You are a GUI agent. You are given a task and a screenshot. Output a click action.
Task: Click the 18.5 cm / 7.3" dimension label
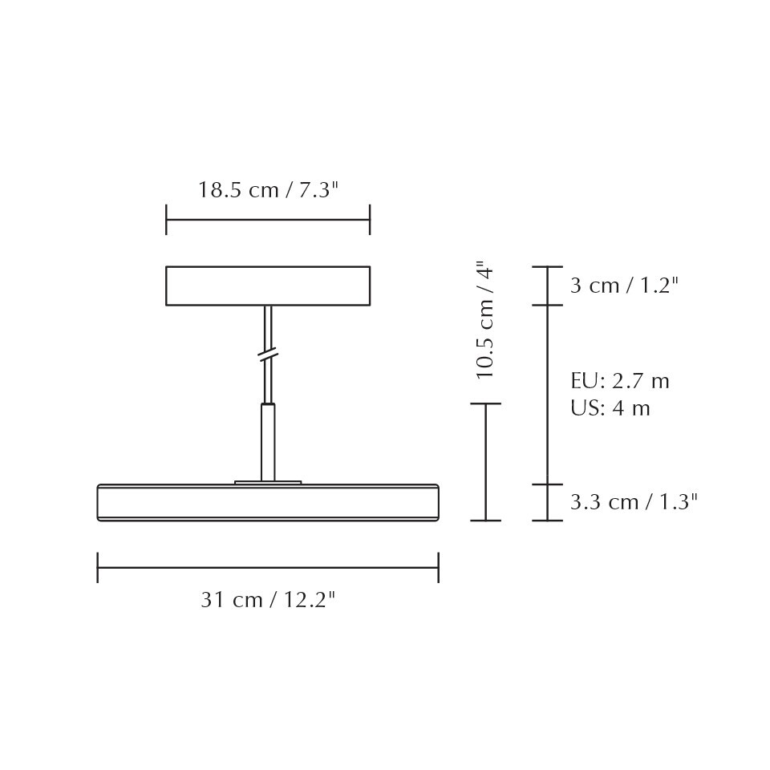point(268,189)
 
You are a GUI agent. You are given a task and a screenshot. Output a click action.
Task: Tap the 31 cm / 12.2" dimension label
point(268,600)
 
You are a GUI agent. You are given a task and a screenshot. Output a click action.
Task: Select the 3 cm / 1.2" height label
point(624,286)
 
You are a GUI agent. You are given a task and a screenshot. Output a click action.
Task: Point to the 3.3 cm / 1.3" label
point(634,502)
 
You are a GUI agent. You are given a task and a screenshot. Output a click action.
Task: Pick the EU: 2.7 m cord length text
point(620,380)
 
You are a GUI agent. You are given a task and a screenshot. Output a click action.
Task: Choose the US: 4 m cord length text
point(610,408)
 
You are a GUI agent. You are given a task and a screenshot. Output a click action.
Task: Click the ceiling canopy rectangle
point(268,286)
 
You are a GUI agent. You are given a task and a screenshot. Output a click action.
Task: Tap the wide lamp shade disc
point(268,502)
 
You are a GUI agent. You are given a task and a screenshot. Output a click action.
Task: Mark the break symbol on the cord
point(268,355)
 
